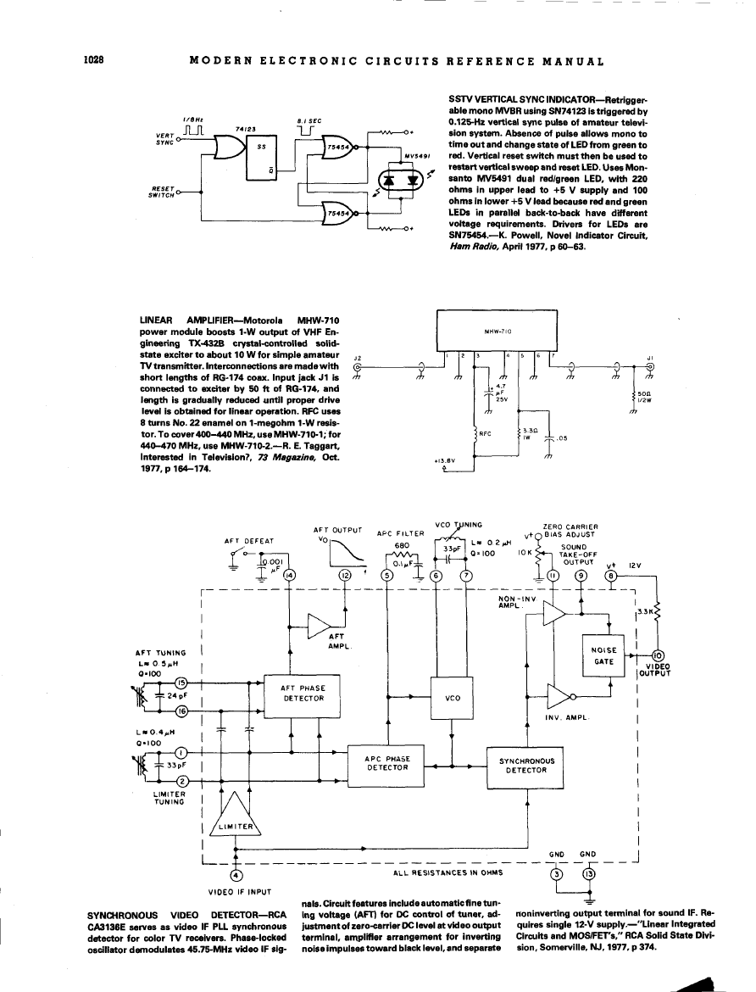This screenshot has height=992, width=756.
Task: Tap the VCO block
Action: click(452, 698)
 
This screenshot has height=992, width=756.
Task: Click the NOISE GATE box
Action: click(602, 655)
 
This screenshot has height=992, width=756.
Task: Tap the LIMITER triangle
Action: click(235, 819)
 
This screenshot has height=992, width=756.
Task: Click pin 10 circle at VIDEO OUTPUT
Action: click(659, 654)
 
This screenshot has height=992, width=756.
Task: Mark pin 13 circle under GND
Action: click(589, 874)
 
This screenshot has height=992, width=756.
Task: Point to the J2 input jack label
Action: click(357, 359)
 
